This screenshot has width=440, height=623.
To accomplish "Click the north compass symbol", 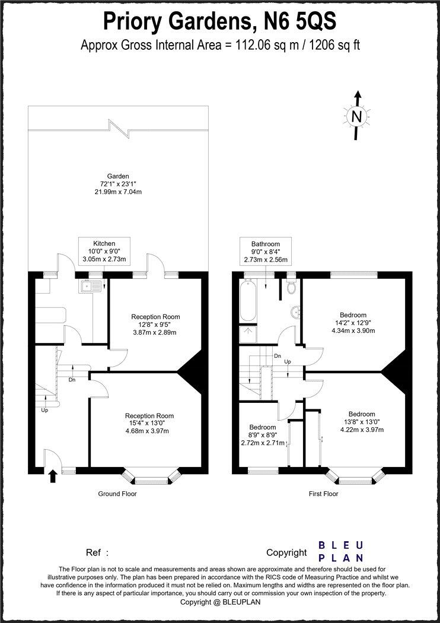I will coord(356,116).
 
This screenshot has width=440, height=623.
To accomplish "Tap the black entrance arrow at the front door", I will coord(52,476).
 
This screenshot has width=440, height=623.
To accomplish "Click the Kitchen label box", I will coord(104,252).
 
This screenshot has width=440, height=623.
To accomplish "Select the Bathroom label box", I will coord(265,252).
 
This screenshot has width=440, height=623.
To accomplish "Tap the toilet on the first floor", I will coord(291,287).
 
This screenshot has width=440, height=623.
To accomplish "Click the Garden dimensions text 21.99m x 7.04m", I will coord(118,192).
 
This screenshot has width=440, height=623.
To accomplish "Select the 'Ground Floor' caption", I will coord(117,494).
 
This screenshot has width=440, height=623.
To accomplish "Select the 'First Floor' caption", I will coord(323,494).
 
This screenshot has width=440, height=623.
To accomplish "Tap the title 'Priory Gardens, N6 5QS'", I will coord(220,21).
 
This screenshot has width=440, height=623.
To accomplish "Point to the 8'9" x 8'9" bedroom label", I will coord(262,435).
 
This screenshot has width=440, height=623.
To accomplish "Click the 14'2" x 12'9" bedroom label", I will coord(353,323).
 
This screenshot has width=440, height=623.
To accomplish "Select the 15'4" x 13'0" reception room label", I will coord(149,423).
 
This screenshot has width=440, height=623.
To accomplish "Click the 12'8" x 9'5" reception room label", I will coord(155,325).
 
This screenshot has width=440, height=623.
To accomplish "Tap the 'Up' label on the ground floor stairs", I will coord(44,410).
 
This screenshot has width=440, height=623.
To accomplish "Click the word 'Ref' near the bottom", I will coord(94,552).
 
